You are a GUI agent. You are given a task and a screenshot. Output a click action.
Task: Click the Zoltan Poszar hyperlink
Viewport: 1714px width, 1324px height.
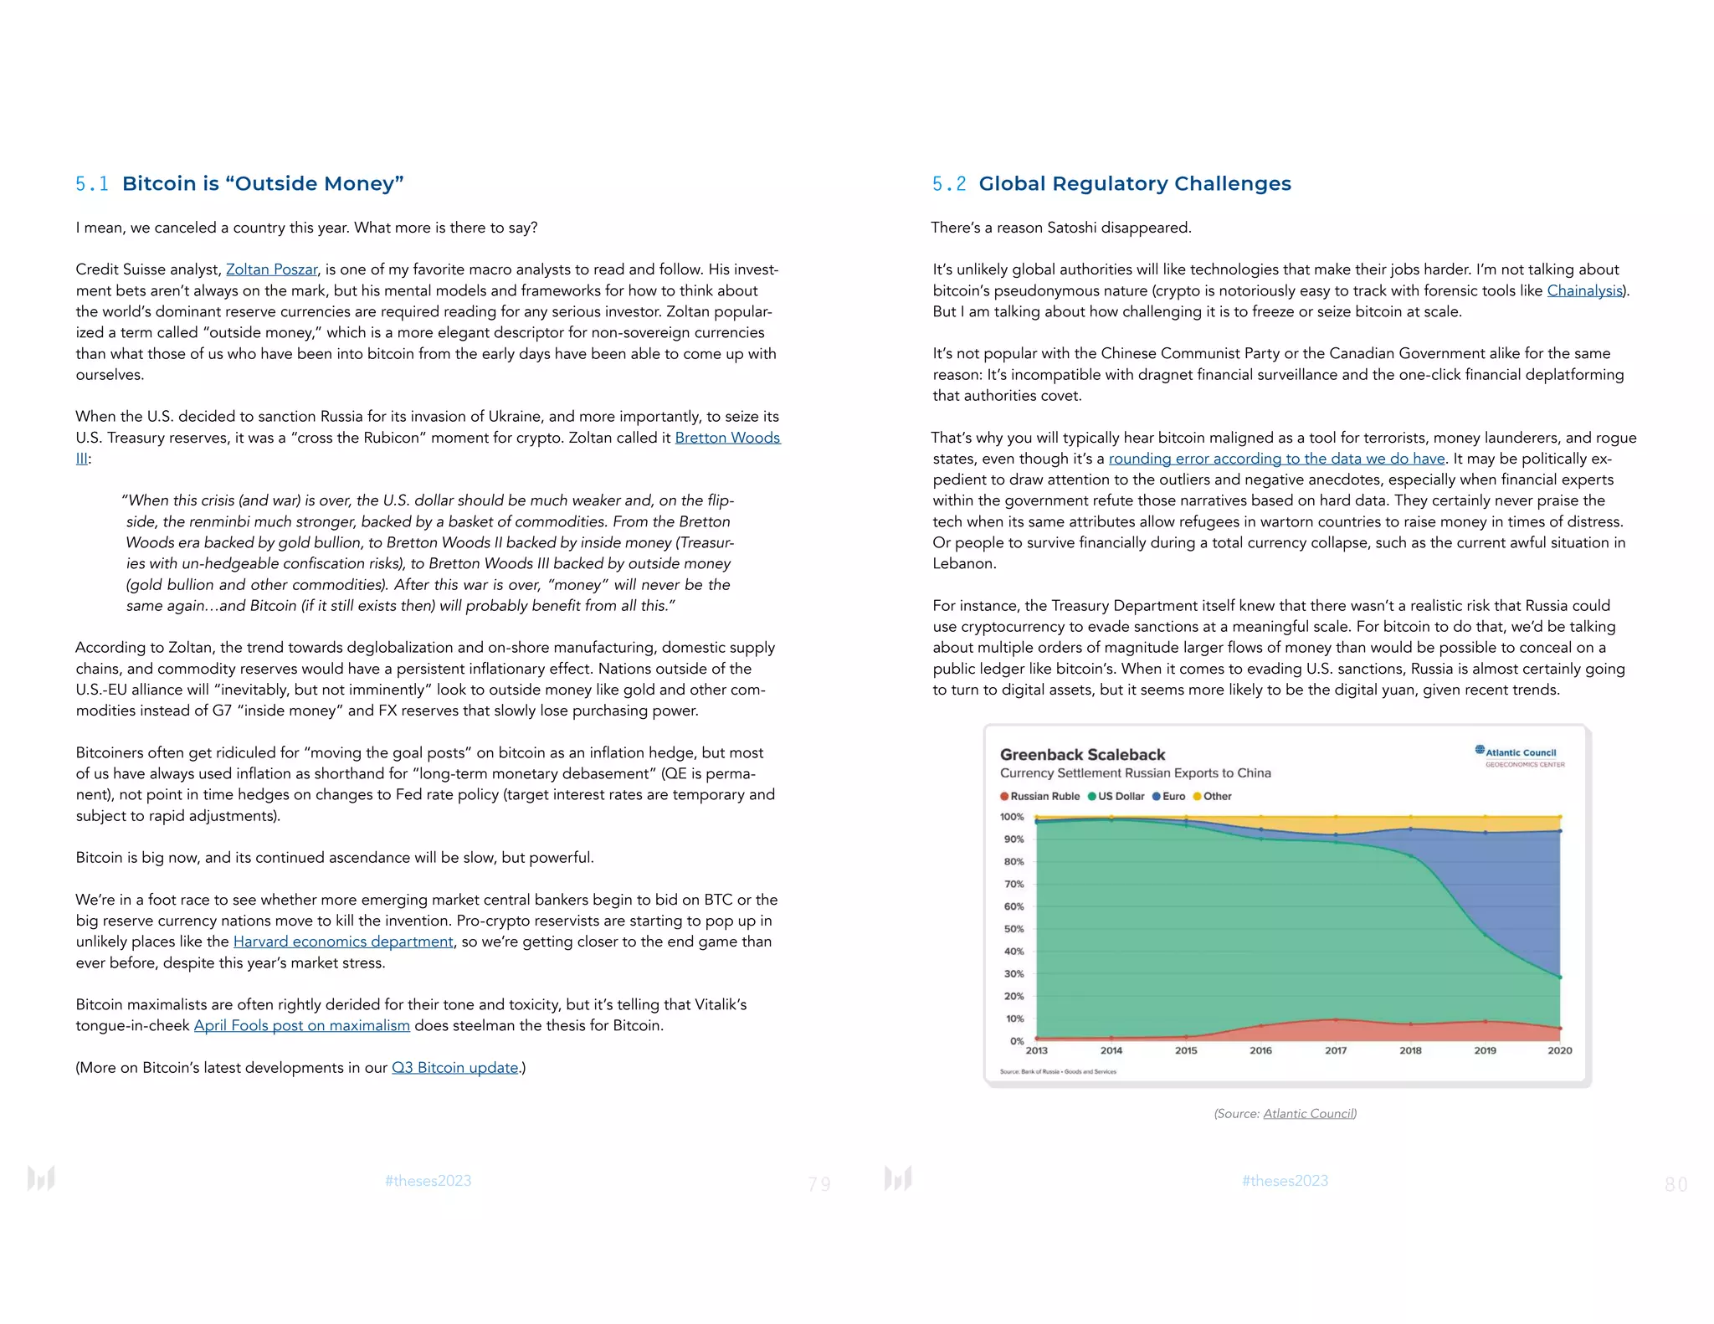click(x=271, y=269)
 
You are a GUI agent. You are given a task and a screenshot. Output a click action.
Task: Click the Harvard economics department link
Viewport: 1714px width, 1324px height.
click(x=343, y=942)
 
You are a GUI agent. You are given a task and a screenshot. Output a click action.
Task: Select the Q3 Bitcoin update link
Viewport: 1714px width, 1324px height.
click(x=455, y=1068)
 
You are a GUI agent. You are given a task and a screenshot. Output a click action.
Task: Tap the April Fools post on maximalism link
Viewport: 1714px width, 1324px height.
click(x=302, y=1026)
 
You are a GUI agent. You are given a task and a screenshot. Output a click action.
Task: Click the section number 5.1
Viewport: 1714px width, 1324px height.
click(x=91, y=184)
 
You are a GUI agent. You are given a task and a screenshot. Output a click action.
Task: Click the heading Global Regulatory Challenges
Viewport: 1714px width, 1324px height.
click(x=1135, y=184)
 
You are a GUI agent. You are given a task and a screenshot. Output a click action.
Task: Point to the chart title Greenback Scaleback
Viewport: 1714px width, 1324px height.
click(x=1082, y=754)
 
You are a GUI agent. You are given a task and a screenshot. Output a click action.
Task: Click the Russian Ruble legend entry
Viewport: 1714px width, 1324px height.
click(x=1040, y=797)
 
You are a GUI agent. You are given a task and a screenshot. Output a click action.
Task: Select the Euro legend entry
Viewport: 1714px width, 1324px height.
click(x=1169, y=797)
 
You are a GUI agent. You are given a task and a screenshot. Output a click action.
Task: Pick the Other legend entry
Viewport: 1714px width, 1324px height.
click(x=1213, y=797)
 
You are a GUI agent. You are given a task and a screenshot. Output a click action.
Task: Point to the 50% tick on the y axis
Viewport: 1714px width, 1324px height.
click(x=1013, y=929)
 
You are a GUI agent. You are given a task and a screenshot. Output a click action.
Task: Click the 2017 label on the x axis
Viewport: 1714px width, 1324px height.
click(x=1336, y=1050)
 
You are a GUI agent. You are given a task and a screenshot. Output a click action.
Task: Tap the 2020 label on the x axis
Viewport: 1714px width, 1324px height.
click(x=1559, y=1050)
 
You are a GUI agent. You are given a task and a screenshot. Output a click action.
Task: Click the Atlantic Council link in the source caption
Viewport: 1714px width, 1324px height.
click(x=1308, y=1114)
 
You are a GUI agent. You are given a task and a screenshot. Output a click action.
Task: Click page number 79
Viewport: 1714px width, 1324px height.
click(x=819, y=1184)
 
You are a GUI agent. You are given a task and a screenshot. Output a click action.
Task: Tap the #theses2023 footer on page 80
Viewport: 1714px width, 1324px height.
click(x=1285, y=1181)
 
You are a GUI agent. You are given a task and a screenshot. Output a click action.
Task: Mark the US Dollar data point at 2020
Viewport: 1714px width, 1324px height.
click(x=1560, y=978)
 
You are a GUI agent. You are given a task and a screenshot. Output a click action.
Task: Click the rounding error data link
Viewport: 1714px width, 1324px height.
click(x=1276, y=459)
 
